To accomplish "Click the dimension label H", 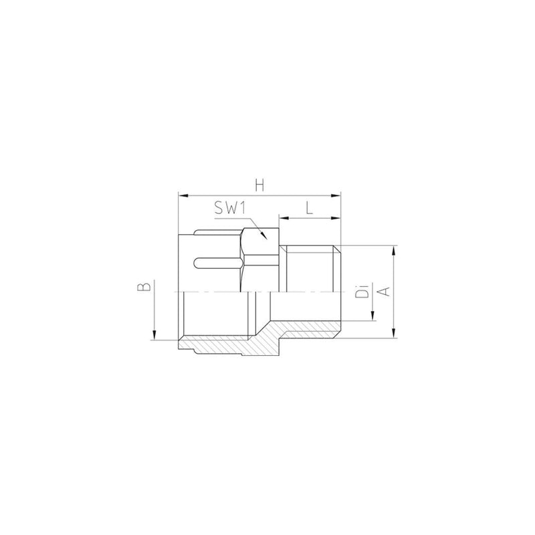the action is (x=259, y=186).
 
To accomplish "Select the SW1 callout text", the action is (x=230, y=207).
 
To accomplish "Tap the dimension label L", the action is (x=309, y=207).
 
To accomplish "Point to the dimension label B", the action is (x=144, y=286).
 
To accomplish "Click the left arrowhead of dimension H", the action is (x=183, y=195).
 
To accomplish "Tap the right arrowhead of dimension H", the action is (x=336, y=195).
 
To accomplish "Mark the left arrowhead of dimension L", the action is (x=284, y=218).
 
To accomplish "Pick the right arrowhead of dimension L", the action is (x=336, y=218).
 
